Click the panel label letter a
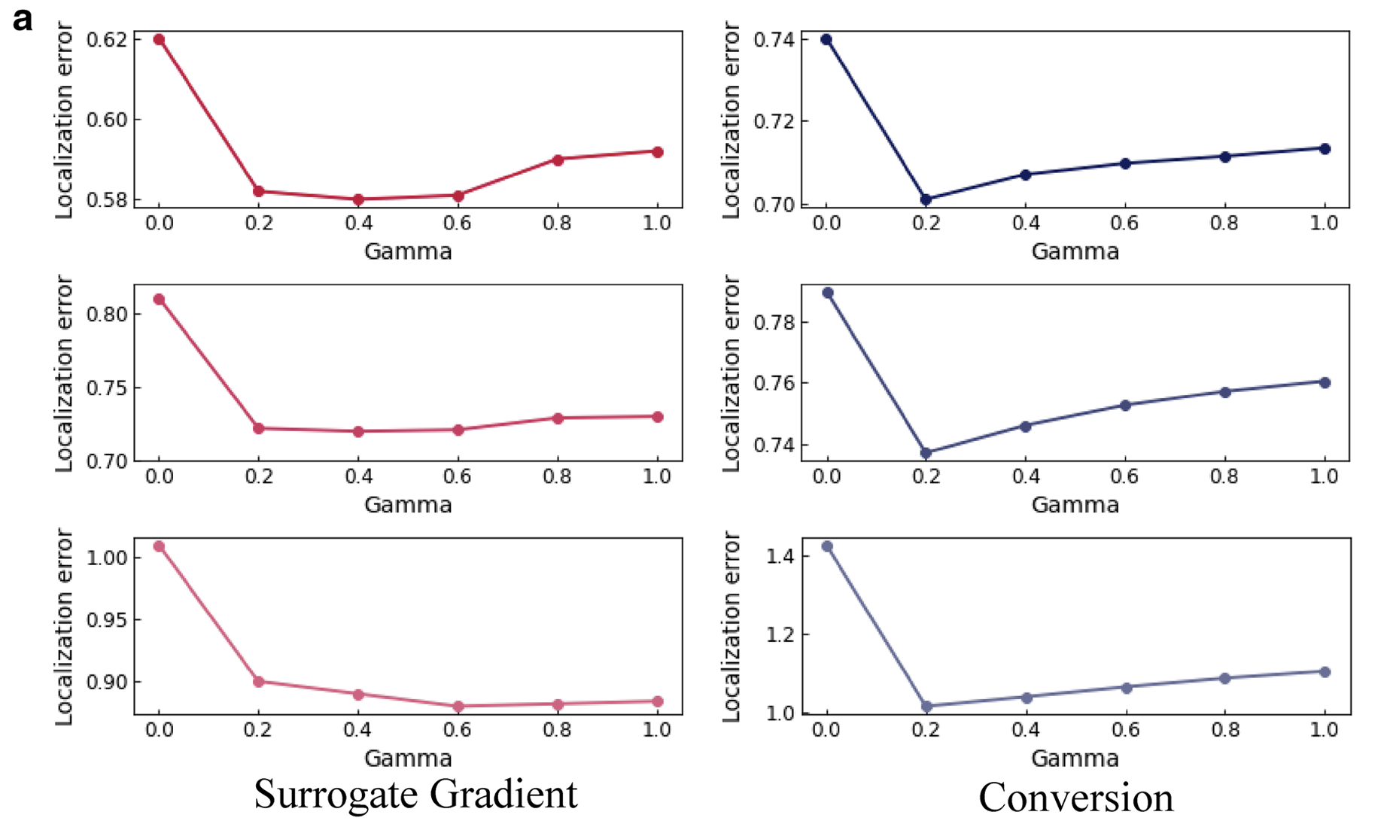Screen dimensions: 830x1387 tap(23, 20)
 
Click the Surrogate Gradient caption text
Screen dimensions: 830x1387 tap(415, 795)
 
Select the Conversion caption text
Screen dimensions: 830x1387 tap(1075, 798)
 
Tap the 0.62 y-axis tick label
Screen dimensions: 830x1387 tap(106, 39)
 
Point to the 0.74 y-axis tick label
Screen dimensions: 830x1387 tap(773, 39)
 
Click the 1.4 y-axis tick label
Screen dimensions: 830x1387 tap(779, 556)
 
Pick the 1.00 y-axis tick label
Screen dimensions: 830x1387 tap(106, 558)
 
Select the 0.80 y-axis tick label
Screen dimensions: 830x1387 tap(106, 314)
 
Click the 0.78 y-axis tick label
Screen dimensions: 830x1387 tap(773, 323)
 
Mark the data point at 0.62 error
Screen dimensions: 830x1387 tap(159, 39)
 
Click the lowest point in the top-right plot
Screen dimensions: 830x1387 tap(926, 199)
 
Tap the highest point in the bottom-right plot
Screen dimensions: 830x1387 tap(827, 546)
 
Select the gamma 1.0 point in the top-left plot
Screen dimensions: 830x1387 tap(658, 152)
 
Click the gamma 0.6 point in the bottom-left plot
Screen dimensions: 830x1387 tap(458, 707)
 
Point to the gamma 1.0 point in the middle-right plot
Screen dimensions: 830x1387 tap(1325, 382)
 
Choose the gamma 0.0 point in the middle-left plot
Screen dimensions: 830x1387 tap(159, 299)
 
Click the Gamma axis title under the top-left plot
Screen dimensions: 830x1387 tap(408, 251)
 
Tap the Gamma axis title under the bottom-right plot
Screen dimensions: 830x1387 tap(1075, 758)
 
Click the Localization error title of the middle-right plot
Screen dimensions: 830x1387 tap(732, 373)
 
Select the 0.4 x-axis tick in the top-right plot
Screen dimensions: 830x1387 tap(1026, 223)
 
